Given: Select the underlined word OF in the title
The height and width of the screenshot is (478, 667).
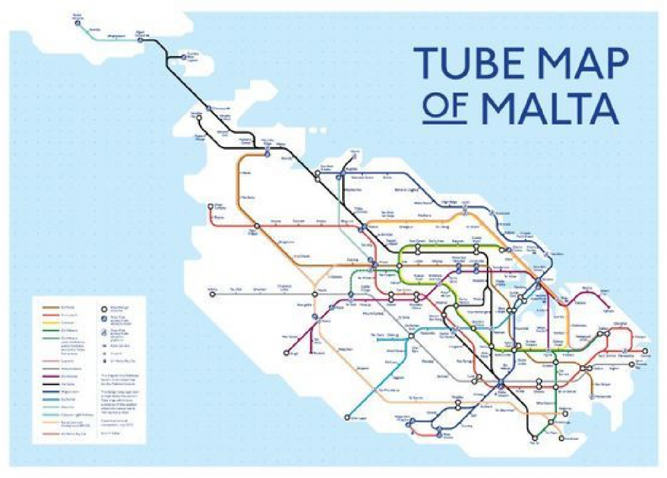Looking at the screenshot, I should (444, 108).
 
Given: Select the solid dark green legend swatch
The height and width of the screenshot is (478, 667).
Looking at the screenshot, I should (54, 328).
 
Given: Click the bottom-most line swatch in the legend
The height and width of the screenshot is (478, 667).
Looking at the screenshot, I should (54, 433).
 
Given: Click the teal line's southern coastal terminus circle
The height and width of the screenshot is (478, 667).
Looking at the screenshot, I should (347, 419).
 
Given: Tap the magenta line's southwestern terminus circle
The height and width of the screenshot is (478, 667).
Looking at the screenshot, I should (286, 352).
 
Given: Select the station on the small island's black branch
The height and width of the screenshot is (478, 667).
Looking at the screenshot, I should (184, 57).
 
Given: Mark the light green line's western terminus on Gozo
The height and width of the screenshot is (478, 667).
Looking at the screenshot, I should (78, 22).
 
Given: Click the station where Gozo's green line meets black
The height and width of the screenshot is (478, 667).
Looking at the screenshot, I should (141, 40).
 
